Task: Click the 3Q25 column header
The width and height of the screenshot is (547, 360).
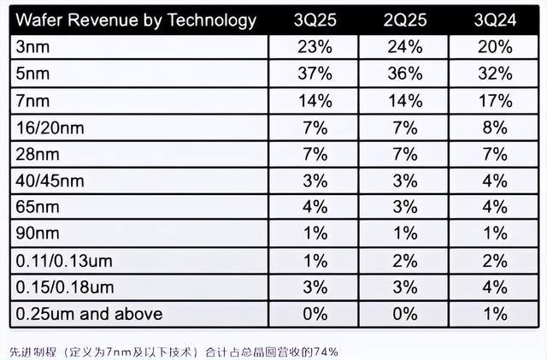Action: click(314, 19)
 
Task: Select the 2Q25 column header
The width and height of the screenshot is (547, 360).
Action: click(404, 19)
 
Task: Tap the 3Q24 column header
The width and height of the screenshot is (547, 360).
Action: click(495, 19)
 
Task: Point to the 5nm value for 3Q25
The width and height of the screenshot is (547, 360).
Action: click(314, 74)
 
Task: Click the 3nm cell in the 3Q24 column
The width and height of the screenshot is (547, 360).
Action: click(495, 48)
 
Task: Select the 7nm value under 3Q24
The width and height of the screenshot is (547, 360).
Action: click(495, 102)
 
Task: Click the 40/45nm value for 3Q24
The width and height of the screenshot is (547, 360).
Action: click(495, 181)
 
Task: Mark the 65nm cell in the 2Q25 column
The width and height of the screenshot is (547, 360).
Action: click(404, 208)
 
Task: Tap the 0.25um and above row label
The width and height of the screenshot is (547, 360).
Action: click(90, 314)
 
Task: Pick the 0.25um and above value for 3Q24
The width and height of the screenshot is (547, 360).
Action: click(495, 314)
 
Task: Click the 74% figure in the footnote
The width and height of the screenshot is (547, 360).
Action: click(326, 351)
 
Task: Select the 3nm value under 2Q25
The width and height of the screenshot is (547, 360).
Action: click(404, 48)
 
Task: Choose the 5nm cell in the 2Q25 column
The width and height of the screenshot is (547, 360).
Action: click(404, 74)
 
